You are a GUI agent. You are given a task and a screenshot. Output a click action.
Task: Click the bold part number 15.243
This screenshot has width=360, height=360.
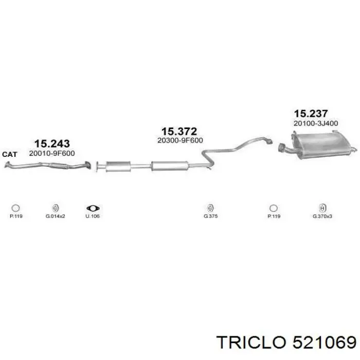(52, 143)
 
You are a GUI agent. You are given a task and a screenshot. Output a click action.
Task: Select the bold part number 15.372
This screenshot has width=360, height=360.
(179, 132)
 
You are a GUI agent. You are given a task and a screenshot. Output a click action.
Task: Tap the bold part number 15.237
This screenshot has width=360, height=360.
(311, 114)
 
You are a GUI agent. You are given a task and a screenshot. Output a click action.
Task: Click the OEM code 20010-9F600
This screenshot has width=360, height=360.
(52, 153)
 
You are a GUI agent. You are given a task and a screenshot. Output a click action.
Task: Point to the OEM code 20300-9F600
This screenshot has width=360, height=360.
(180, 140)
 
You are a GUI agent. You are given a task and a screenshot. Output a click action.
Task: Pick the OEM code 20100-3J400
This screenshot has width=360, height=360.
(316, 123)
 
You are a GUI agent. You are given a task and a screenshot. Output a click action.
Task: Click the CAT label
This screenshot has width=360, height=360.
(10, 154)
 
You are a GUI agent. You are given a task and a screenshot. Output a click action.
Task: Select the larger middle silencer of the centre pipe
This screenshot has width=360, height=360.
(170, 166)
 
